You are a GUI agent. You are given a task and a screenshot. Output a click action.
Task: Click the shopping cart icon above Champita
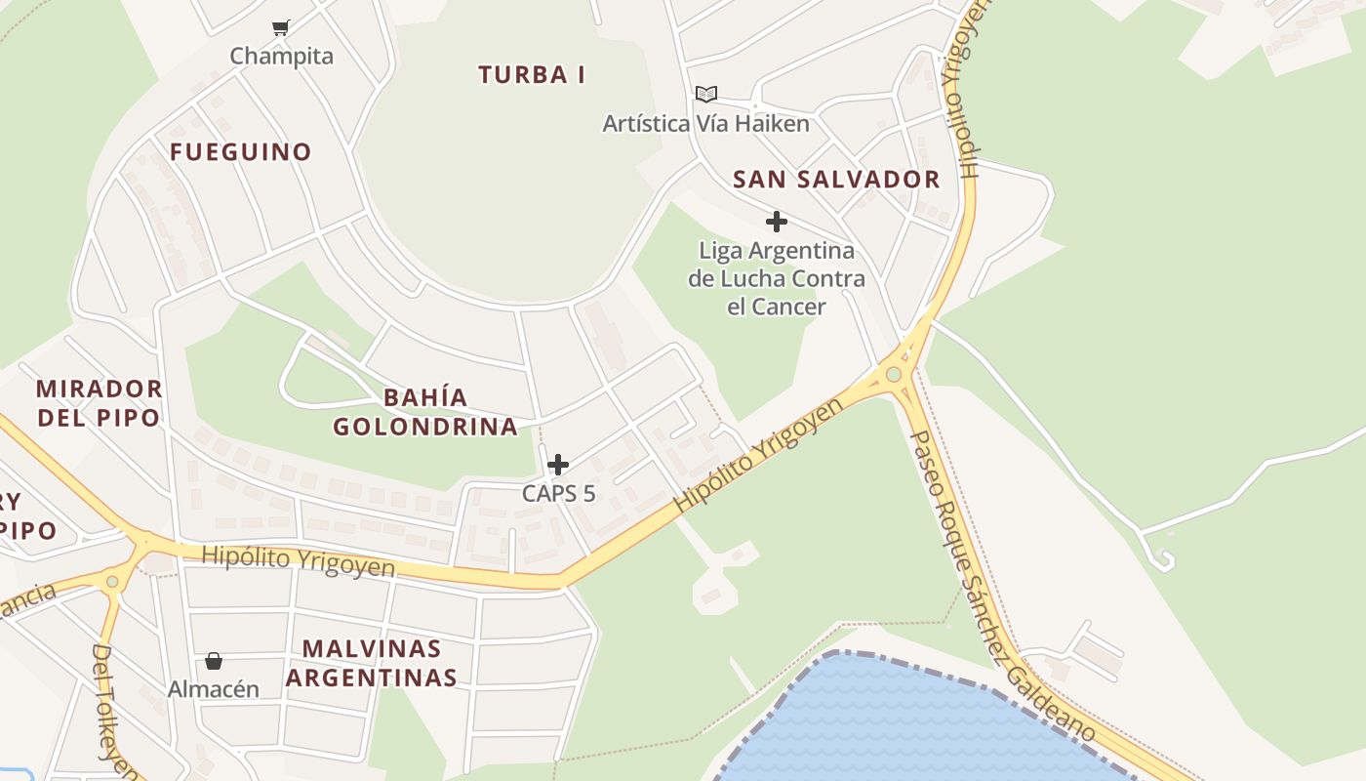[x=281, y=27]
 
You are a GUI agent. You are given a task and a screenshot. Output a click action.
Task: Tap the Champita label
[x=281, y=56]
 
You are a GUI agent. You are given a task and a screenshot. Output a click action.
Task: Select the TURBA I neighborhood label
[x=532, y=74]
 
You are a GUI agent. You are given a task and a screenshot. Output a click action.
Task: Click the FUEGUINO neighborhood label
[x=240, y=151]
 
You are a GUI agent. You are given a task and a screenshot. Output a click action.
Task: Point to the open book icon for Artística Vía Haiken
[x=706, y=94]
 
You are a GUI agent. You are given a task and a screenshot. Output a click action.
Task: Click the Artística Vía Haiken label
[x=706, y=124]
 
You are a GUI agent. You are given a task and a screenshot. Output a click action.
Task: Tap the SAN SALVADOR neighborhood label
[x=836, y=180]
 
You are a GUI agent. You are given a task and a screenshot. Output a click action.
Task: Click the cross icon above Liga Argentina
[x=777, y=222]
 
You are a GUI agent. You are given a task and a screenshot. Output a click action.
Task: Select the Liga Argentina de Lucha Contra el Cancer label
[x=777, y=278]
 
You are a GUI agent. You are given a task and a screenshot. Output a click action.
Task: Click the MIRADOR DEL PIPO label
[x=99, y=402]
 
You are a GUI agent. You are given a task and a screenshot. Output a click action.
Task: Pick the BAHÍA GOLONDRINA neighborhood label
[x=425, y=412]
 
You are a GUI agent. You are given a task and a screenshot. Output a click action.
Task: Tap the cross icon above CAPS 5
[x=558, y=465]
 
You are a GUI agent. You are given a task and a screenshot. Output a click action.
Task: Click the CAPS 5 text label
[x=558, y=493]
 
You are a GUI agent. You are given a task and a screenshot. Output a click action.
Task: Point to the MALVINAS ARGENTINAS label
[x=379, y=663]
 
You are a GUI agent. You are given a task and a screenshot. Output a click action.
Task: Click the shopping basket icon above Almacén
[x=214, y=661]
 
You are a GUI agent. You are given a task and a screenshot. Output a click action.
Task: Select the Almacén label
[x=214, y=689]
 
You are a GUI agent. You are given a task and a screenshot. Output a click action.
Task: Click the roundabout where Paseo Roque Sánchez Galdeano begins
[x=894, y=374]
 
